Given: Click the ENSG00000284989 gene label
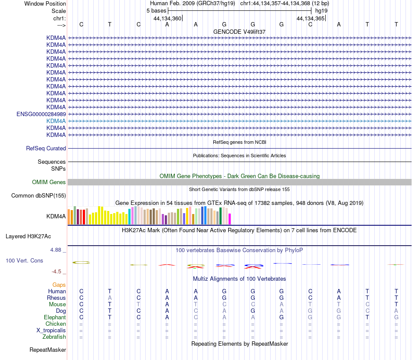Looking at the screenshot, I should pyautogui.click(x=41, y=114).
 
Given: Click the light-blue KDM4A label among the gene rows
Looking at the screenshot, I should pyautogui.click(x=56, y=121).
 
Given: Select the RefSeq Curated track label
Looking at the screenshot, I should pyautogui.click(x=46, y=148).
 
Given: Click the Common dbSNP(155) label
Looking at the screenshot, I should pyautogui.click(x=39, y=195).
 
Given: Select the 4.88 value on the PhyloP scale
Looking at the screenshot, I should pyautogui.click(x=57, y=250).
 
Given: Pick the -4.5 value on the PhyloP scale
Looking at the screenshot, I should pyautogui.click(x=58, y=272).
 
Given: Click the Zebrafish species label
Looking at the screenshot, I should pyautogui.click(x=54, y=337).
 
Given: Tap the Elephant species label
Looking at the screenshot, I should pyautogui.click(x=55, y=317).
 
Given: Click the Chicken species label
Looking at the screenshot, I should pyautogui.click(x=56, y=324).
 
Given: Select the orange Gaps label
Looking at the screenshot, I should pyautogui.click(x=59, y=285).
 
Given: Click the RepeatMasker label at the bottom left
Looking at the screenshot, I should pyautogui.click(x=48, y=350).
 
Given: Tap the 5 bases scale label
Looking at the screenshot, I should pyautogui.click(x=156, y=10).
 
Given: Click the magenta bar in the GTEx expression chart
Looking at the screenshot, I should pyautogui.click(x=229, y=219).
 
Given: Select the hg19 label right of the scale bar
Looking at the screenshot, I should pyautogui.click(x=321, y=10).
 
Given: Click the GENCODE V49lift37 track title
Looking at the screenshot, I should pyautogui.click(x=239, y=32).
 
